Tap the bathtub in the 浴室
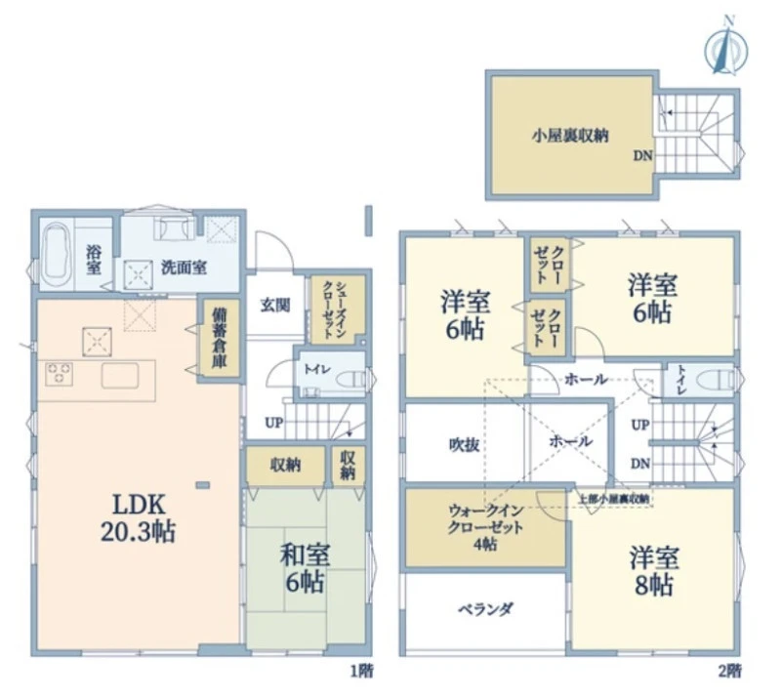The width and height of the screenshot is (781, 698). point(57,254)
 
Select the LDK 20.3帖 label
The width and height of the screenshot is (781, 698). point(138,517)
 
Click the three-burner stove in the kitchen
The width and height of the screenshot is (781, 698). point(60,374)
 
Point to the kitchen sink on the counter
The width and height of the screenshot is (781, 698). point(120,376)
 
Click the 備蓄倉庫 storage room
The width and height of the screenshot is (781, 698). point(219,338)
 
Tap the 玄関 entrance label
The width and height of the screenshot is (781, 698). point(275,305)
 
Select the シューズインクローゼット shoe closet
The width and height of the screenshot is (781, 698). point(335,309)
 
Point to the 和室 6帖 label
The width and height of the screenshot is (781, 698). point(305,568)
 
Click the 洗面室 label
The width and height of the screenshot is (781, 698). point(184,267)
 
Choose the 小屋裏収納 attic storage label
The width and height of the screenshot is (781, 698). point(570,136)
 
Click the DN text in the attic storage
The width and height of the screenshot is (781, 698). point(642,156)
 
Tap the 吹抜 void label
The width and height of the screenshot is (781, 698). point(465,444)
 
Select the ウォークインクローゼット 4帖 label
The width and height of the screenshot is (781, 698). point(485,526)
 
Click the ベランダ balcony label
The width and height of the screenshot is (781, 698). point(485,609)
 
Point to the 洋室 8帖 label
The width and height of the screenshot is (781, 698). point(653,570)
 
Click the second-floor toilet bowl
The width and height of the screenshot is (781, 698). point(715,380)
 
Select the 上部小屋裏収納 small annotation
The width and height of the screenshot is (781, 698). point(614,498)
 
